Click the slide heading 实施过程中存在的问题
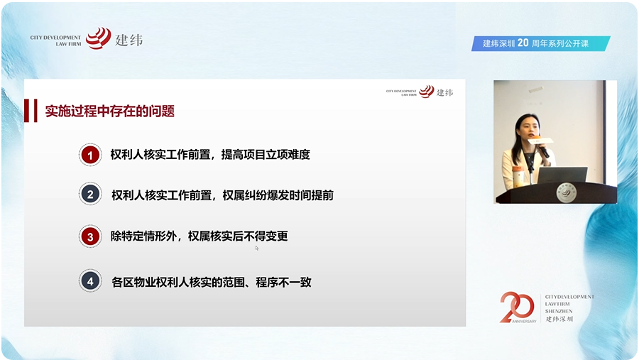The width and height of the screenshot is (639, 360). [x=110, y=111]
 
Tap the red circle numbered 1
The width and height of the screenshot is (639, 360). [x=89, y=154]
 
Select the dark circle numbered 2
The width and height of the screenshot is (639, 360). [x=89, y=195]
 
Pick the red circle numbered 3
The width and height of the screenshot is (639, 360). [x=89, y=236]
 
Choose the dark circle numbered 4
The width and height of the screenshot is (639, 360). [x=89, y=281]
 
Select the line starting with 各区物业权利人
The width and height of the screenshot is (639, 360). [x=212, y=282]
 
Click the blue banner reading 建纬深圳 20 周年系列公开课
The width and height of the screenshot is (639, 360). [x=541, y=43]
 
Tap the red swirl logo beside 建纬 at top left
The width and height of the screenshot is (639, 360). [x=98, y=38]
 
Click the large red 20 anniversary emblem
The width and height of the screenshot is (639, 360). [x=517, y=307]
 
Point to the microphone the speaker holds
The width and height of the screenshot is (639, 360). [x=541, y=147]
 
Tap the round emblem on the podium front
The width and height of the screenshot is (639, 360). [x=567, y=193]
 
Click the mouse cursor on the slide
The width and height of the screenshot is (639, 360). [x=257, y=248]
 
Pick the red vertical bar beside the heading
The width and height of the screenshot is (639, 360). [x=35, y=111]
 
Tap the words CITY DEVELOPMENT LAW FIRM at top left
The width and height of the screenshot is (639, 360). [x=55, y=38]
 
